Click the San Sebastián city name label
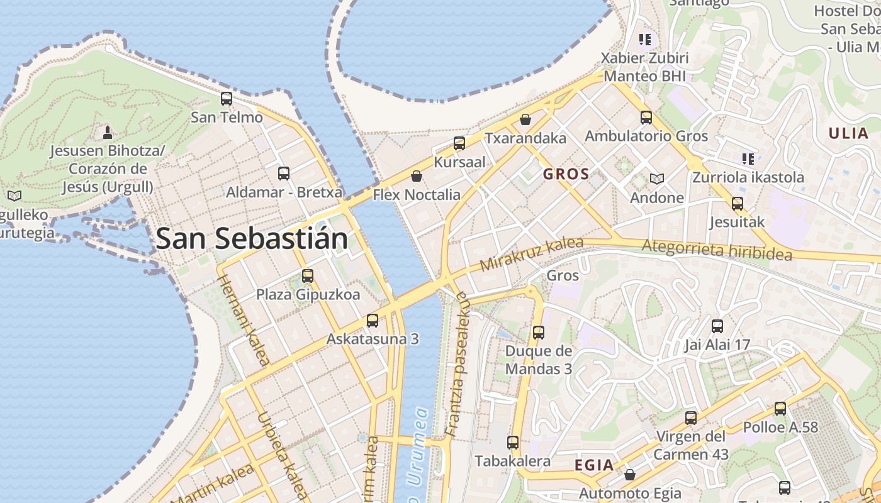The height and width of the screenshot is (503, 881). tap(251, 239)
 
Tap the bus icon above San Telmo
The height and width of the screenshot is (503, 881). tap(227, 99)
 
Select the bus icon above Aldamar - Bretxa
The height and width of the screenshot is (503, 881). tap(284, 174)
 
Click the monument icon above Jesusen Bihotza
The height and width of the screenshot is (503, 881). tap(108, 132)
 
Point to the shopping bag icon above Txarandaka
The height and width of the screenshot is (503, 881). tap(525, 119)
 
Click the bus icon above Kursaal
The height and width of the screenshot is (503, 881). tap(459, 143)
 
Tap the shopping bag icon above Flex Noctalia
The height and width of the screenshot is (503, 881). tap(416, 176)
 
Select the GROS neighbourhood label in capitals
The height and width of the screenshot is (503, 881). tap(566, 174)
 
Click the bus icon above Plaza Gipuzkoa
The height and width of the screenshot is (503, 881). tap(308, 276)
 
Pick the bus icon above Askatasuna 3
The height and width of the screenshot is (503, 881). tap(373, 321)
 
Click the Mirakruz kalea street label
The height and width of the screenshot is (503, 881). tap(531, 254)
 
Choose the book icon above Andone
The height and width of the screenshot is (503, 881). tap(657, 179)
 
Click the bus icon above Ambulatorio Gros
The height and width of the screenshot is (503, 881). tap(646, 118)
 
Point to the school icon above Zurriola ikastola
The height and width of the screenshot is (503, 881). tap(748, 158)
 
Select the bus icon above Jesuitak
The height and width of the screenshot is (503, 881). tap(737, 204)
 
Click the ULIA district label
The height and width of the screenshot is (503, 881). tap(848, 133)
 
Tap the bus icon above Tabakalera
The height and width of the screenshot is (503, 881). tap(513, 443)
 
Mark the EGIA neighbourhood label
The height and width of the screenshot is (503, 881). tap(594, 465)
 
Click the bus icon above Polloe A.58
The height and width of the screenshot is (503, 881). tap(780, 409)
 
